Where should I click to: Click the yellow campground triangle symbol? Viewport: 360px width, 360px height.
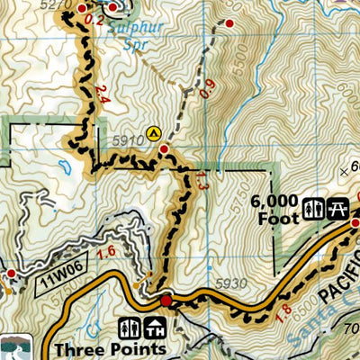154,131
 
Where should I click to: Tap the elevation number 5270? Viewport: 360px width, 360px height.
56,4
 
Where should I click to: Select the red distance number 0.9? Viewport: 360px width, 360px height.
209,88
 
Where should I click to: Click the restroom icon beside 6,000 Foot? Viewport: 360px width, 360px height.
312,208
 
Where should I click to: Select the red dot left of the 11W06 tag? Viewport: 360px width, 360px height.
10,273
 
